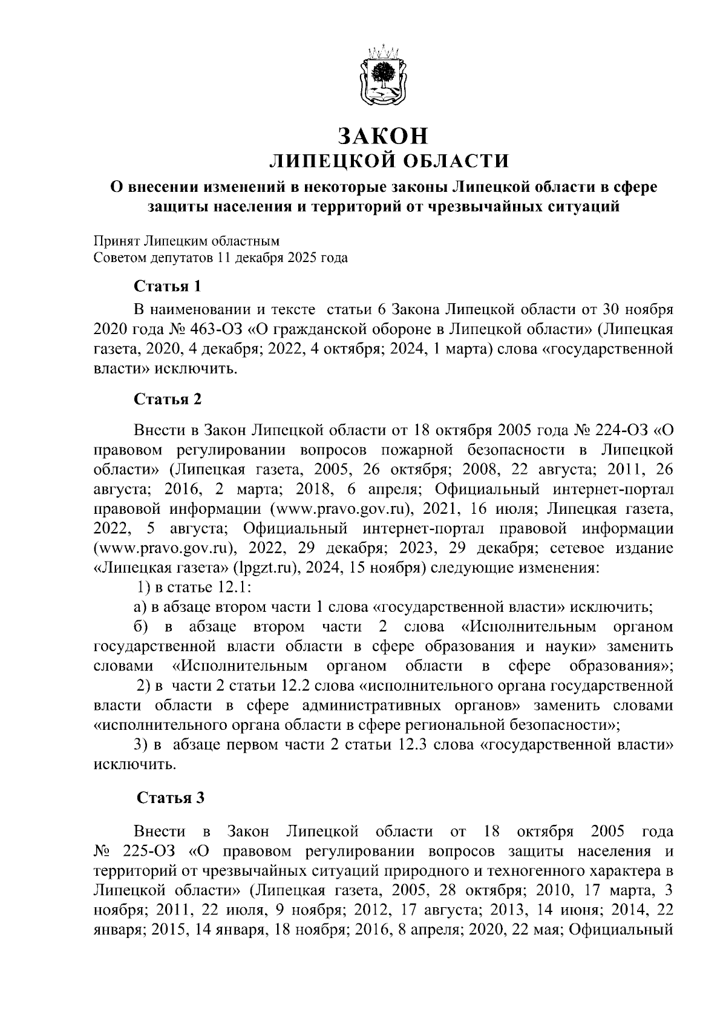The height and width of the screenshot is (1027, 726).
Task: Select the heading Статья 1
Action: click(166, 285)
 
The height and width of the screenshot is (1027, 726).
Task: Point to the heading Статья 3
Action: click(171, 798)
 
